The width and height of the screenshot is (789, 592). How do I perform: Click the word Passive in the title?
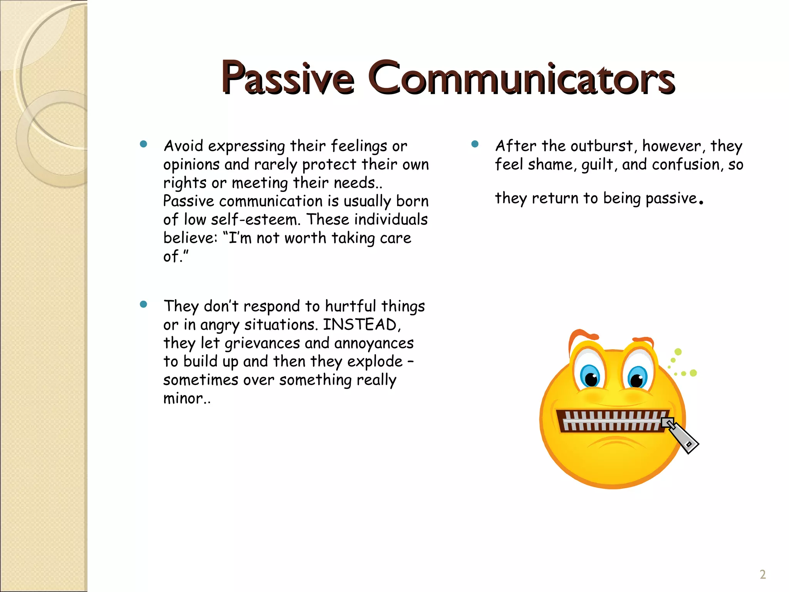[x=287, y=78]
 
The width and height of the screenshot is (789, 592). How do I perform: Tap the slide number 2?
[x=762, y=575]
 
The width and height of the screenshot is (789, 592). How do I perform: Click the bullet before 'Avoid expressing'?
[x=144, y=145]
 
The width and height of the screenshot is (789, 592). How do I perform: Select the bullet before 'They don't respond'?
[x=144, y=304]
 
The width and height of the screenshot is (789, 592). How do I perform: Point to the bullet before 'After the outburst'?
[x=475, y=145]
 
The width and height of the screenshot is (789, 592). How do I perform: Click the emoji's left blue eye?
[x=591, y=376]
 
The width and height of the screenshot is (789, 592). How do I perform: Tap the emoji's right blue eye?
[x=637, y=377]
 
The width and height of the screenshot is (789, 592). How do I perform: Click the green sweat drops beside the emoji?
[x=682, y=364]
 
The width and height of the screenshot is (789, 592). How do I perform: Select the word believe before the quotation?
[x=188, y=238]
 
